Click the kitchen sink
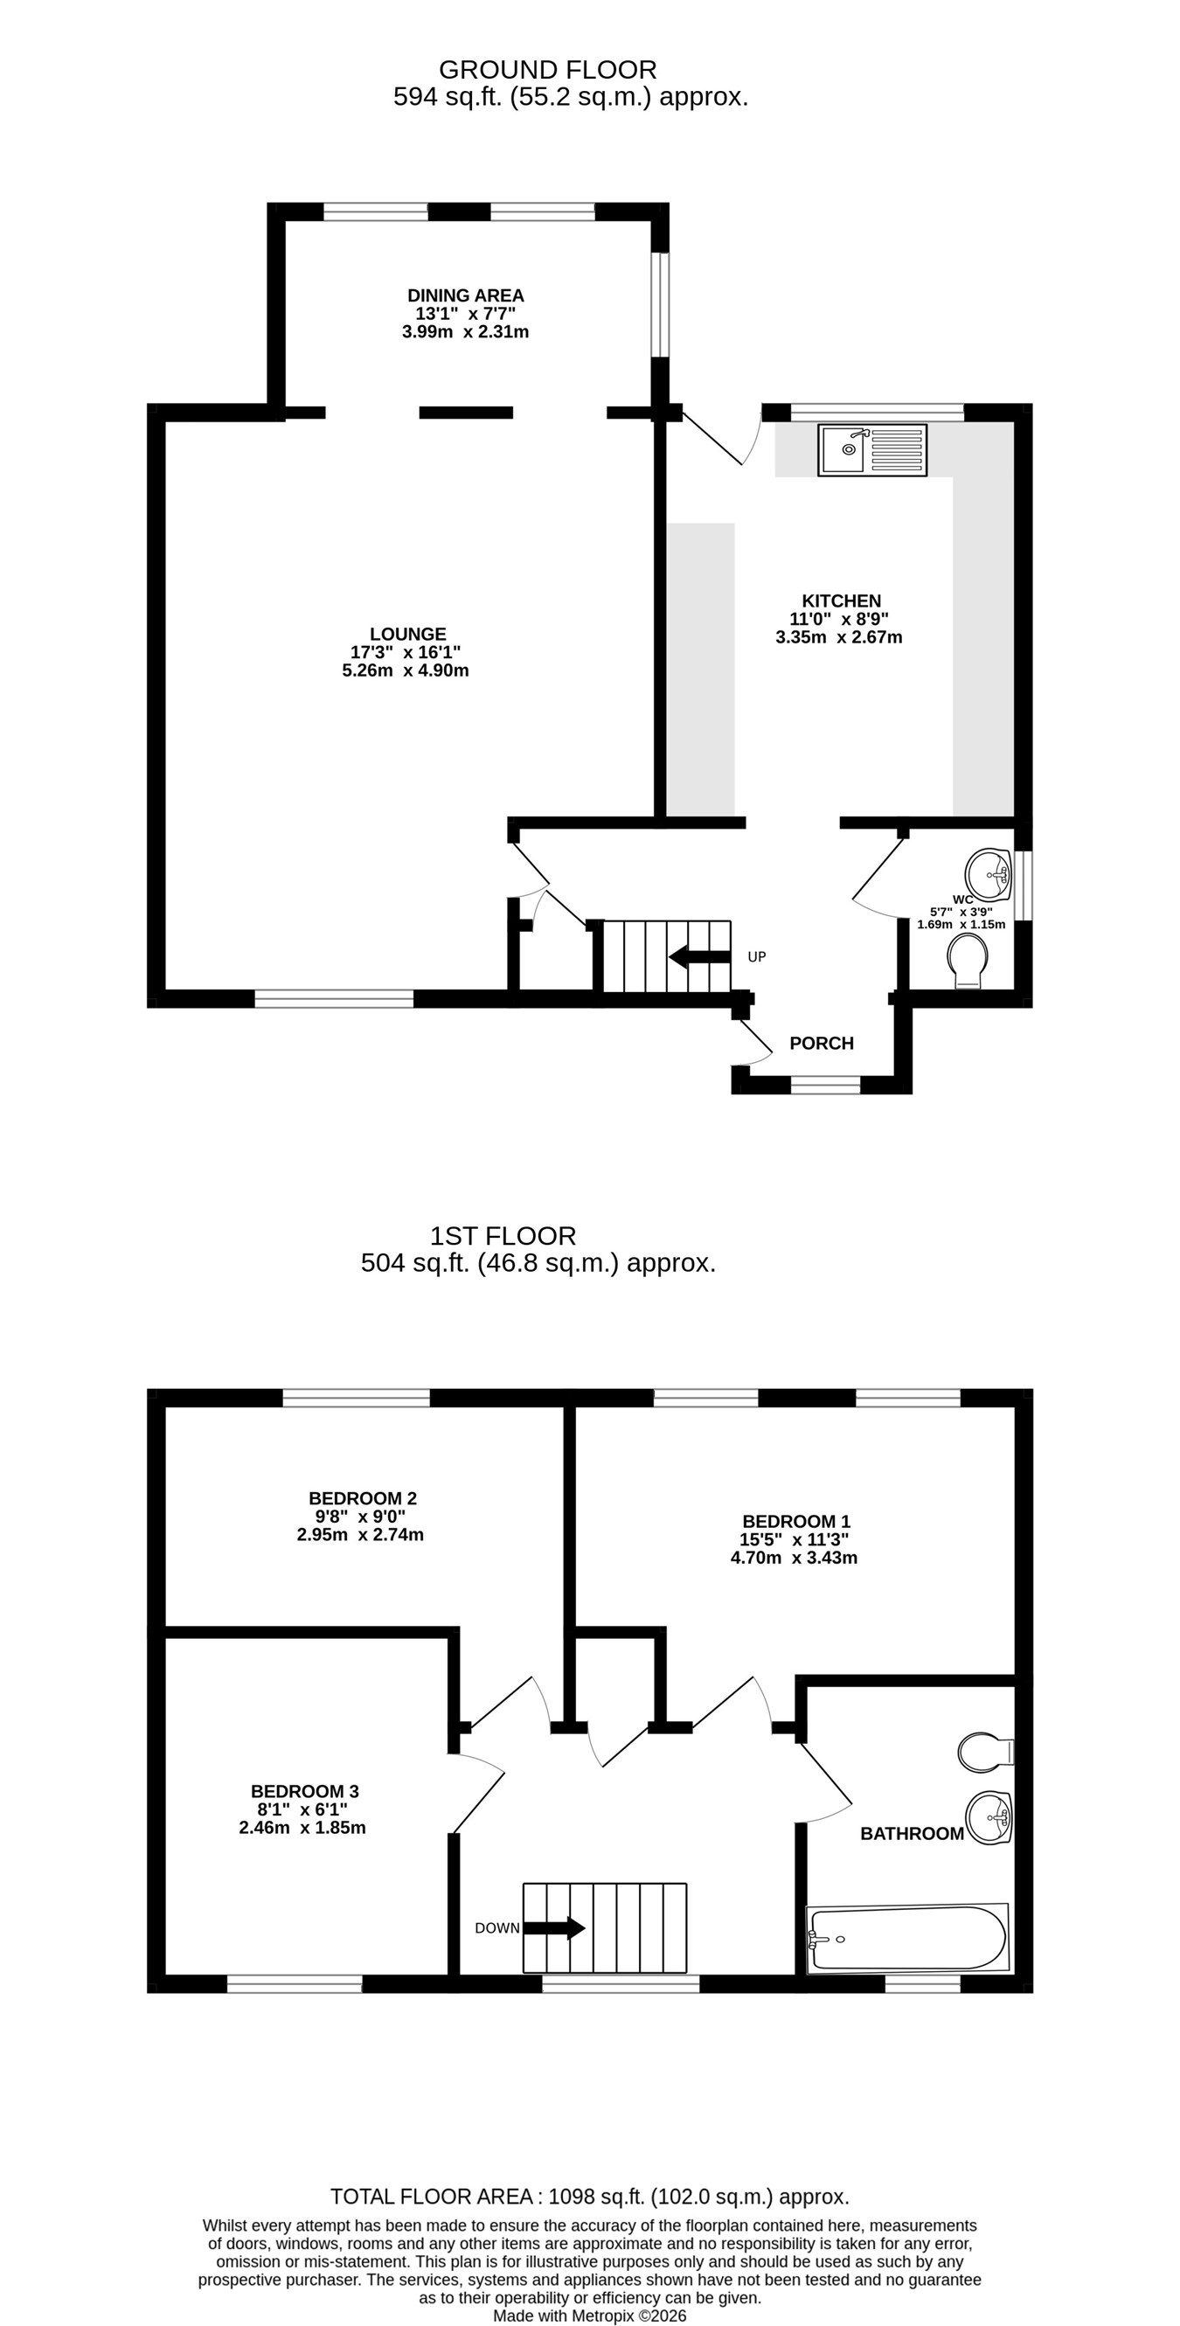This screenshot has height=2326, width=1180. (x=873, y=449)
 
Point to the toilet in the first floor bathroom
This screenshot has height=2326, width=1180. (x=986, y=1752)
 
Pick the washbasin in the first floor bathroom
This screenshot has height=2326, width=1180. (x=989, y=1817)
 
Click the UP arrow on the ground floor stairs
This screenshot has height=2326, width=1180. (x=699, y=956)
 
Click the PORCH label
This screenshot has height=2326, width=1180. (x=822, y=1043)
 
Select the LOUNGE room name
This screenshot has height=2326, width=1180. (x=408, y=634)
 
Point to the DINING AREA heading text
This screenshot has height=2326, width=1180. (x=466, y=295)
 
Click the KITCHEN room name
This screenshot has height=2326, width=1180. (x=842, y=601)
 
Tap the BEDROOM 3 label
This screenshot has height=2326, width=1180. (x=305, y=1790)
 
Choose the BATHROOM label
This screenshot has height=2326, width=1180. (x=912, y=1833)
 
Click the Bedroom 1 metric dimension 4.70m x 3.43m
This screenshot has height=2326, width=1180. (x=795, y=1558)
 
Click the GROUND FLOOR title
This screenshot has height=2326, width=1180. (x=548, y=70)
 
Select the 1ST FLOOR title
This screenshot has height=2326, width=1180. (x=503, y=1235)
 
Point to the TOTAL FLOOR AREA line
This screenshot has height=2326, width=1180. (x=589, y=2197)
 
